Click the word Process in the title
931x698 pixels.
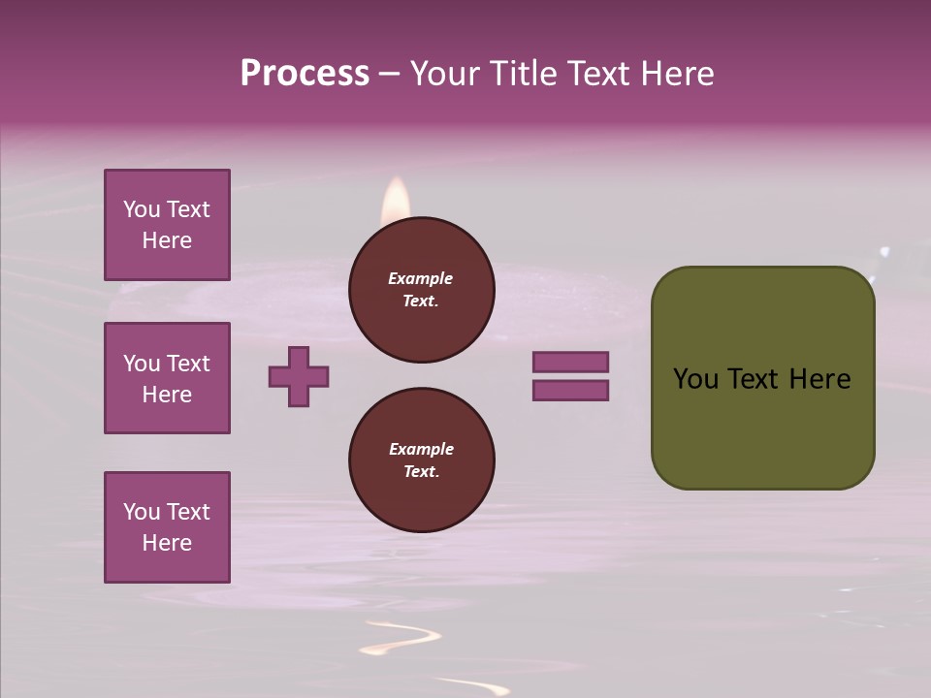coord(305,74)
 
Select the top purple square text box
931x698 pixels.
coord(167,225)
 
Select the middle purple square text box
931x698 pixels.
coord(167,378)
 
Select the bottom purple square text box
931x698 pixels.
coord(167,527)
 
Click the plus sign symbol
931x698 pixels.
coord(299,376)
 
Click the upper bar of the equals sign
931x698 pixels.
coord(570,362)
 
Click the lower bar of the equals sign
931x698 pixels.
coord(570,391)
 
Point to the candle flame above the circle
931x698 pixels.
coord(396,200)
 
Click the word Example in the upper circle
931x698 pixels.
coord(421,278)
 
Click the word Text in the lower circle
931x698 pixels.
coord(421,471)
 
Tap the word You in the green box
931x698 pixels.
coord(695,379)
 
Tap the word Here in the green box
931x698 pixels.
coord(819,379)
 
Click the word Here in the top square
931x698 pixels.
coord(167,240)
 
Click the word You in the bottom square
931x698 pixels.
coord(142,512)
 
